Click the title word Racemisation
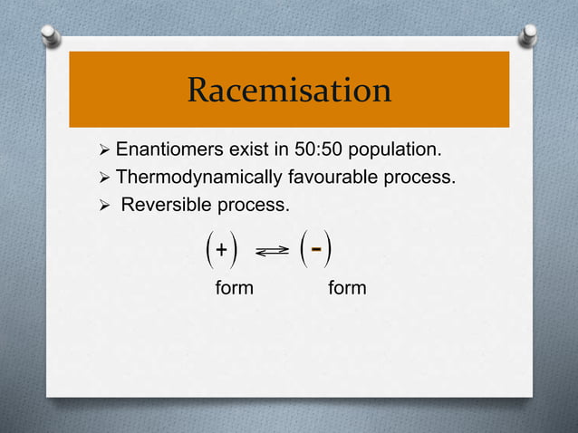(x=289, y=91)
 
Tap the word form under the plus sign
(x=234, y=289)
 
